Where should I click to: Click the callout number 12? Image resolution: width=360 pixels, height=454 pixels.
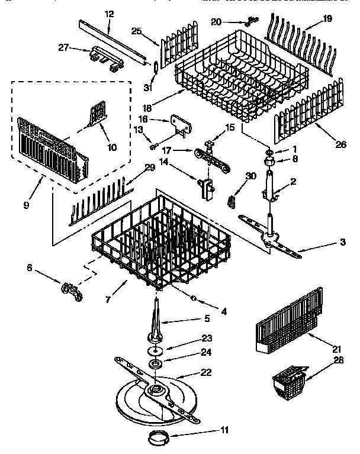tap(108, 14)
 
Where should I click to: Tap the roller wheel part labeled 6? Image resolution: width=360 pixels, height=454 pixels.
tap(70, 291)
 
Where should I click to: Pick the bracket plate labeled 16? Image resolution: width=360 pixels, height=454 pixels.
tap(179, 125)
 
